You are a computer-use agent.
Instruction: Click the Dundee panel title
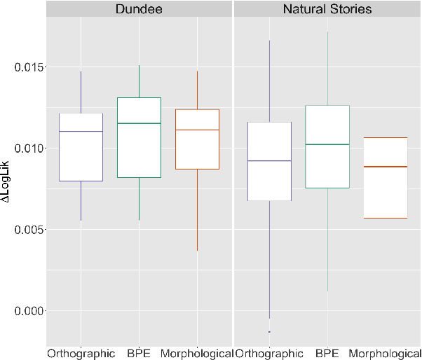point(139,9)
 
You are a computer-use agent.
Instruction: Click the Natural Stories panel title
point(327,9)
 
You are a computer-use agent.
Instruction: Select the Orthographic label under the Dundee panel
point(81,354)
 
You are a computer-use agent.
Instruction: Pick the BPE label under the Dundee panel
point(139,354)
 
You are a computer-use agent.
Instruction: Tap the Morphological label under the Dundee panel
point(197,354)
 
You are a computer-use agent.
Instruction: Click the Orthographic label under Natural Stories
point(269,354)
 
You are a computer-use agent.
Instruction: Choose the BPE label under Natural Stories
point(327,354)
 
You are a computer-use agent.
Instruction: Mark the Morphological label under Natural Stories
point(384,354)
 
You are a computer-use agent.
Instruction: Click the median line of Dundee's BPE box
point(139,123)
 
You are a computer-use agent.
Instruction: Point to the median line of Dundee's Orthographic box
point(81,132)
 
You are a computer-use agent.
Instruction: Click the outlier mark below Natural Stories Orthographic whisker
point(269,331)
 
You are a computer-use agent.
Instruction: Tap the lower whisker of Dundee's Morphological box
point(197,209)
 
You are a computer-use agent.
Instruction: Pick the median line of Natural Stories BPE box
point(327,144)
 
